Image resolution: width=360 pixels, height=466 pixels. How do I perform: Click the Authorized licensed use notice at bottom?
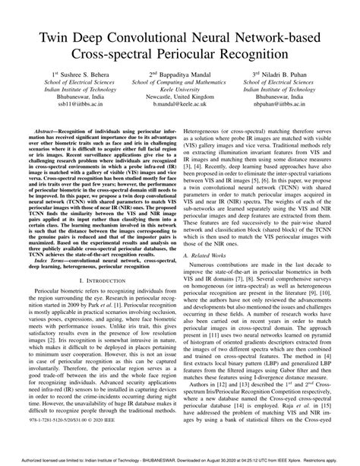pos(180,460)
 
